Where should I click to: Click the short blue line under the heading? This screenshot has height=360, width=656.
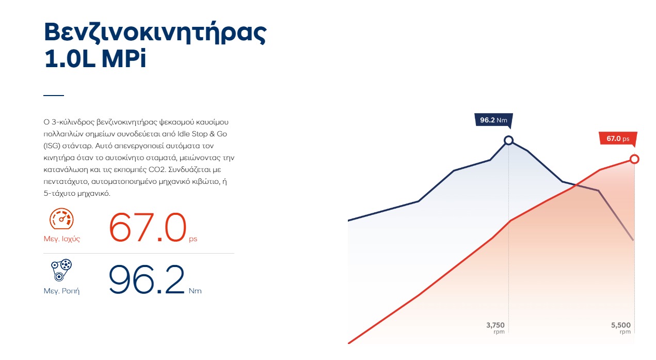pos(54,95)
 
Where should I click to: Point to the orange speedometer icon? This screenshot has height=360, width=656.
pos(61,218)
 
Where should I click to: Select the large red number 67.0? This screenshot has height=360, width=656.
pos(148,227)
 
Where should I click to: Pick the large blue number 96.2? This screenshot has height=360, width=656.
pos(147,279)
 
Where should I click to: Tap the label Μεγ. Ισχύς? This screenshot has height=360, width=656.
pos(62,239)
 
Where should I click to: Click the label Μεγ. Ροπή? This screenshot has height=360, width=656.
pos(61,291)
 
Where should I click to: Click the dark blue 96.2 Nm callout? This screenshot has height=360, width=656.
pos(494,120)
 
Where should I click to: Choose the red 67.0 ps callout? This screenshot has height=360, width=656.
pos(618,138)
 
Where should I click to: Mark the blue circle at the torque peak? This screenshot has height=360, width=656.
pos(509,140)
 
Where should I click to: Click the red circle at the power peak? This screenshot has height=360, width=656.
pos(634,159)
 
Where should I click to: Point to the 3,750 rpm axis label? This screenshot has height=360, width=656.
pos(495,328)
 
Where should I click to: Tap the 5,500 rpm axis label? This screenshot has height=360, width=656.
pos(621,328)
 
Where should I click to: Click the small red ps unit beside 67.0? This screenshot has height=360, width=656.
pos(193,239)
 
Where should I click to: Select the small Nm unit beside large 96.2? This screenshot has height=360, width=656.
pos(195,291)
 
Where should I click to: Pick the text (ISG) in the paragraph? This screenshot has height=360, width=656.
pos(52,146)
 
